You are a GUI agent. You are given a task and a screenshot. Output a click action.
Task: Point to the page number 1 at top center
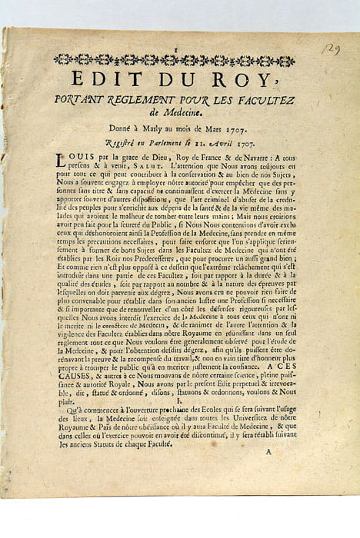point(178,48)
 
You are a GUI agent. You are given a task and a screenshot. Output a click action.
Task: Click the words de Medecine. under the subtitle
point(180,112)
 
